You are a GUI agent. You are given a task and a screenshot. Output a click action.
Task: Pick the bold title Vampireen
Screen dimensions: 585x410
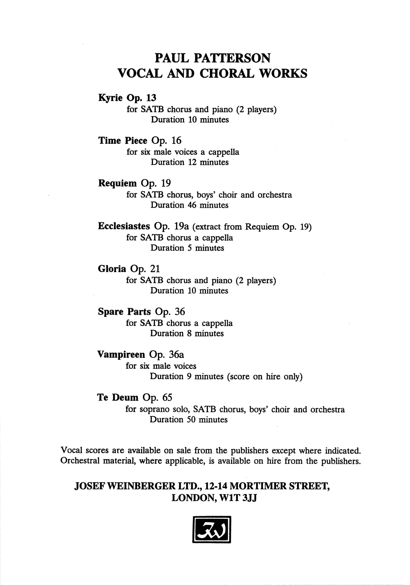tap(121, 354)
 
